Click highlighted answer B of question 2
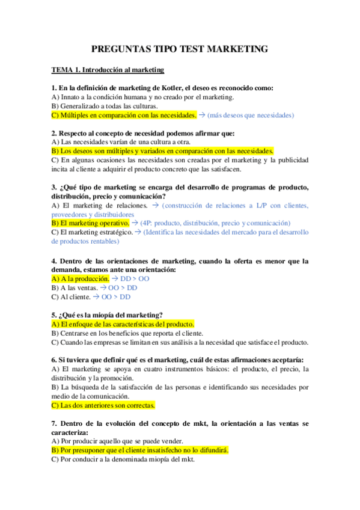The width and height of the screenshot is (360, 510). [x=162, y=151]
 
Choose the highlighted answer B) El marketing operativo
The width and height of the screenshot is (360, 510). [x=90, y=223]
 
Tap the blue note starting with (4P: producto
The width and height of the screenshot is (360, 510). [x=215, y=223]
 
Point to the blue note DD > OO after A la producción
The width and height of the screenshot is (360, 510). [x=135, y=279]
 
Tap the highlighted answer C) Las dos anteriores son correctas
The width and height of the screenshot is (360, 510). [x=103, y=405]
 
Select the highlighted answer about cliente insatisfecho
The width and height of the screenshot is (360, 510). [x=140, y=450]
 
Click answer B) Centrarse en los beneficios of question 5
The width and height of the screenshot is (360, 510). [x=127, y=333]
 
